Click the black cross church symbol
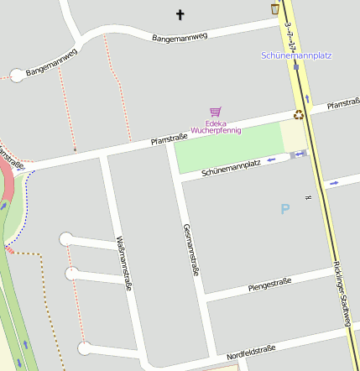click(180, 14)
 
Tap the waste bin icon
click(275, 8)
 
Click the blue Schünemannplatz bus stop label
click(296, 55)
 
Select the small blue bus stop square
click(296, 66)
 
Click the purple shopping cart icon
click(216, 112)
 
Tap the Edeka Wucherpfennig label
click(216, 127)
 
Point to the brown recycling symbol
click(298, 115)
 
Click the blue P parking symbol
click(285, 208)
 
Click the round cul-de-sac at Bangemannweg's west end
click(17, 76)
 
